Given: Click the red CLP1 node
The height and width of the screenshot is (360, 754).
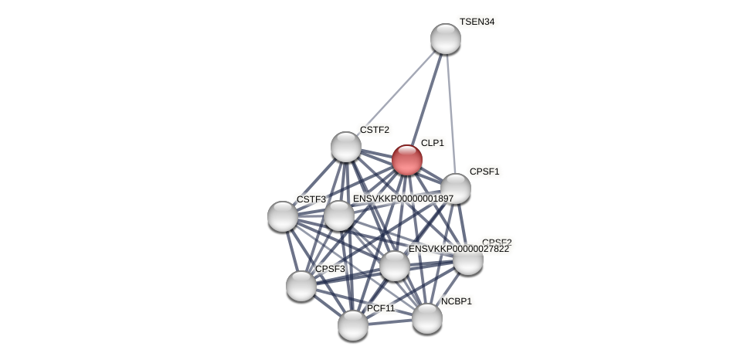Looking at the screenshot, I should pos(407,160).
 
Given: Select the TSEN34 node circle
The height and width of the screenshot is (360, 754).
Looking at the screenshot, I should pos(446,39).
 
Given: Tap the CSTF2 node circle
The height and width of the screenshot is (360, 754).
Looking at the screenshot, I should pos(346,147).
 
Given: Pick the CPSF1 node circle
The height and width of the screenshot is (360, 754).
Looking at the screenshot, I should pos(456,188).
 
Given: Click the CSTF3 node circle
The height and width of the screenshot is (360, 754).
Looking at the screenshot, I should pos(283,216).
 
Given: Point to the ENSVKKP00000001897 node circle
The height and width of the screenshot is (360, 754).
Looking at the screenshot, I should pos(339,216).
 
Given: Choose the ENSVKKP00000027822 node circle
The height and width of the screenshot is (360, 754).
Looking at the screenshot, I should pos(395,266).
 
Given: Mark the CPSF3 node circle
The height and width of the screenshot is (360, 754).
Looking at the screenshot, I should pos(301,286).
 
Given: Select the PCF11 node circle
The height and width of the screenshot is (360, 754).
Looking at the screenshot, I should pos(353,325).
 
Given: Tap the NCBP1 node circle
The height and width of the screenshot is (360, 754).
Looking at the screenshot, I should pos(427,318).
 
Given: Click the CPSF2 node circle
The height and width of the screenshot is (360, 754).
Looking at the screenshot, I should pos(468,260).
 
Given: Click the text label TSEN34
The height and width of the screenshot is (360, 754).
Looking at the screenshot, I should pos(477,22).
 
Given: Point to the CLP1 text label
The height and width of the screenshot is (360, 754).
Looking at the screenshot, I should pos(432,143).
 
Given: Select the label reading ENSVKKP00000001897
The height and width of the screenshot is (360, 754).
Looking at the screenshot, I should pos(402,199).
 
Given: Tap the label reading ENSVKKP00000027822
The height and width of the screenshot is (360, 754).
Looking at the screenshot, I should pos(458,249).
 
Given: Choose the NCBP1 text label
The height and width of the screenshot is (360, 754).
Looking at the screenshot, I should pos(456,301).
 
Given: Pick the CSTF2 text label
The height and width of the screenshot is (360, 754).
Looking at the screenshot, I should pos(374,130).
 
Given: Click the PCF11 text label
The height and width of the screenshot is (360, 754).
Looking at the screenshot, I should pos(380,308).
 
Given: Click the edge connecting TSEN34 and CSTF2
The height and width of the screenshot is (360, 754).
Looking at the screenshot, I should pos(396,93).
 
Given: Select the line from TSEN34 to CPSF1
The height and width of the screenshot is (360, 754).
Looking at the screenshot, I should pos(450,113).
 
